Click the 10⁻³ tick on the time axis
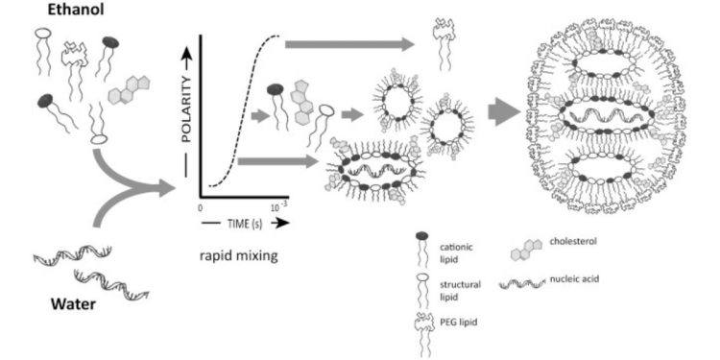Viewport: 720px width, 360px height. pos(279,205)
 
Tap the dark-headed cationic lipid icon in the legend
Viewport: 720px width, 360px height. pos(422,252)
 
